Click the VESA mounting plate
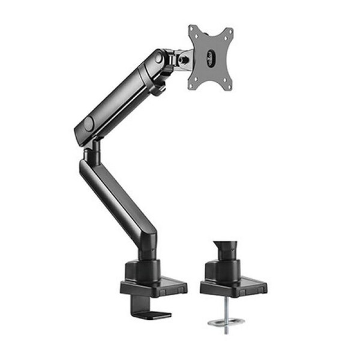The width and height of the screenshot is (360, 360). [210, 58]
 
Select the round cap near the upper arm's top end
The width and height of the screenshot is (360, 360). [159, 58]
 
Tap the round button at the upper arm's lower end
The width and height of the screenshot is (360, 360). [89, 124]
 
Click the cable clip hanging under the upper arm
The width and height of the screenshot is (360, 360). [158, 89]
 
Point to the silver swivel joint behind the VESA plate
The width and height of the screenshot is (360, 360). [185, 59]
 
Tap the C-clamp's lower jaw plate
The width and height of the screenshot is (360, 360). [150, 313]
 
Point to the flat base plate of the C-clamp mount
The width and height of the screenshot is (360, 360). [154, 287]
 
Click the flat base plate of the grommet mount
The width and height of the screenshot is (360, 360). [233, 287]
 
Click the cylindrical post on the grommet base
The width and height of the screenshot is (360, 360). [225, 267]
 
